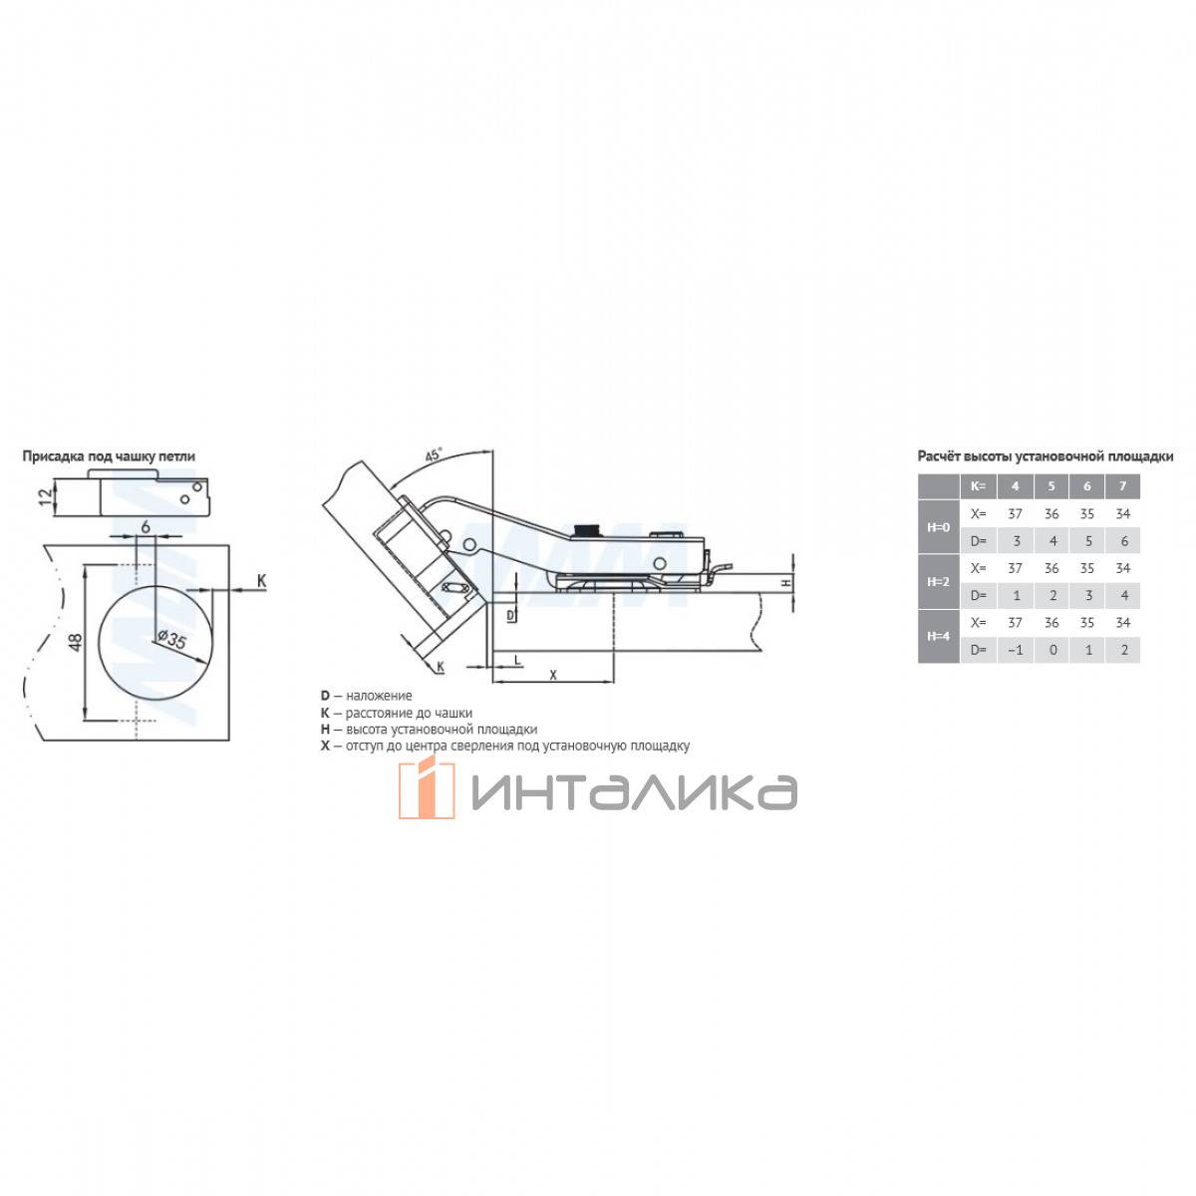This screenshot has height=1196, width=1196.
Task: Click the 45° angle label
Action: pos(434,454)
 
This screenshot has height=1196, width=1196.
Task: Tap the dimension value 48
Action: pos(75,642)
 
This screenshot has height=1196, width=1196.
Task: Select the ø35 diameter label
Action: pos(171,639)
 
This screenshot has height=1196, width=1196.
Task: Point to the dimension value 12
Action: pos(45,496)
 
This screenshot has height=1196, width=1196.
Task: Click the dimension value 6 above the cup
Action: pos(146,527)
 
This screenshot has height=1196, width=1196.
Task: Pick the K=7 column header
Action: pos(1122,486)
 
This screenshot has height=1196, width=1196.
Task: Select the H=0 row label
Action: pos(938,527)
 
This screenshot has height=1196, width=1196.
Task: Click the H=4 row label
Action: pos(938,636)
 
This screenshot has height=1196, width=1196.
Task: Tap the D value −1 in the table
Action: pos(1015,650)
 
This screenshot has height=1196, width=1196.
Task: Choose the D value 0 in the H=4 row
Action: pos(1051,650)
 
